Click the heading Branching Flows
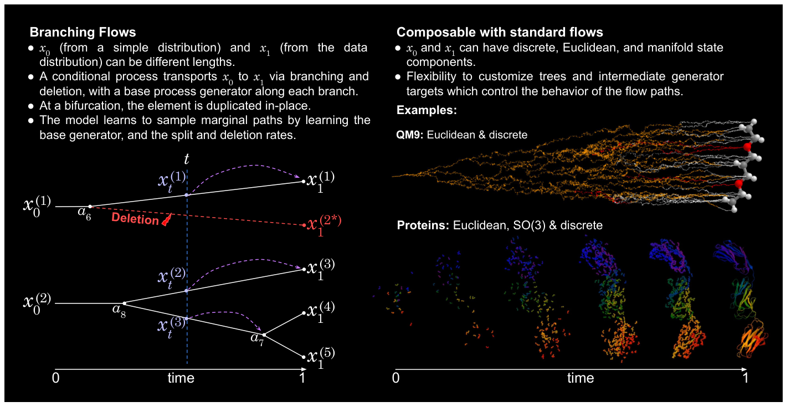pos(83,32)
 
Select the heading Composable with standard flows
pos(500,32)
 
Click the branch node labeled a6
pos(90,207)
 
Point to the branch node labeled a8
pos(124,303)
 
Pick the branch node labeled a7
pos(264,334)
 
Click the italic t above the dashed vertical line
pos(187,159)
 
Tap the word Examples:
pos(427,110)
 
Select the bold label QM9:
pos(410,135)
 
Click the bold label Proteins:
pos(423,225)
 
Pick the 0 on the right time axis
pos(395,378)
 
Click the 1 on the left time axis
pos(302,378)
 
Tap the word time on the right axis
pos(580,378)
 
